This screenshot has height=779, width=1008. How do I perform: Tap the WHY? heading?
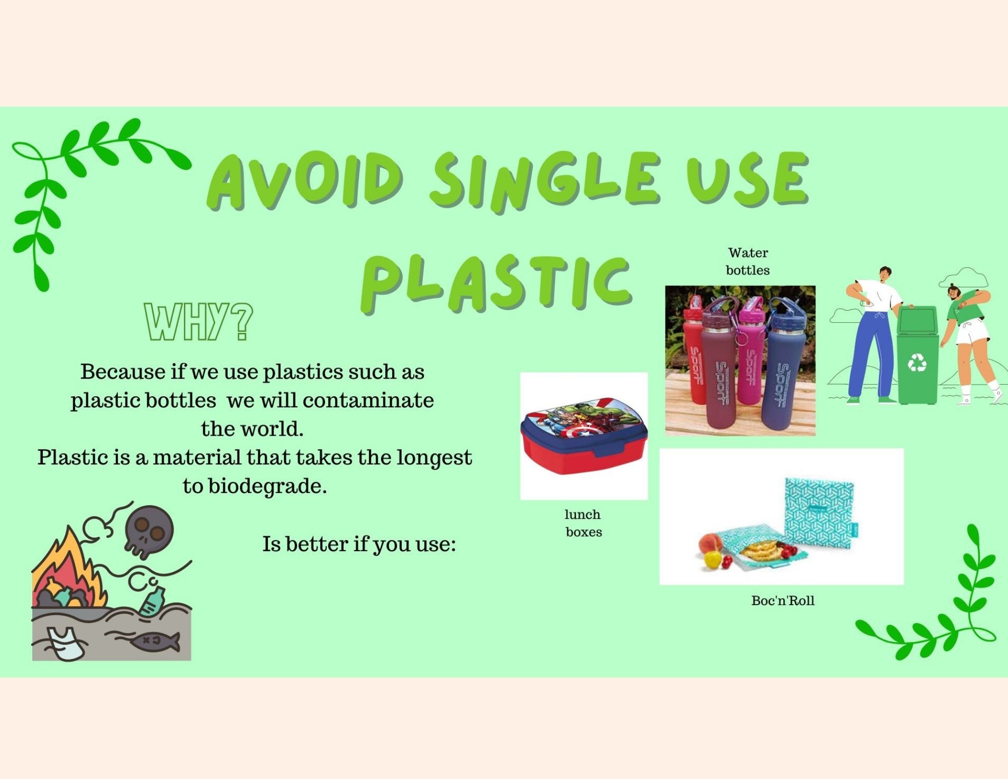(x=198, y=322)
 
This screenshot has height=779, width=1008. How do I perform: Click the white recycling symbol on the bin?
(x=917, y=362)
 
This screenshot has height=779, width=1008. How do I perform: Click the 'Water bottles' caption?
(x=748, y=261)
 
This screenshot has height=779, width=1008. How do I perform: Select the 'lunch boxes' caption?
(x=584, y=523)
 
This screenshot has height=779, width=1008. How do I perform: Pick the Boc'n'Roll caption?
(x=783, y=601)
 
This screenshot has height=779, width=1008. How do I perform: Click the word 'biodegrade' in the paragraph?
(x=267, y=487)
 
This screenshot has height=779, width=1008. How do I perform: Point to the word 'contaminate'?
(x=368, y=400)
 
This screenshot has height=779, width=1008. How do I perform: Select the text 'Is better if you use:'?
(x=359, y=544)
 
